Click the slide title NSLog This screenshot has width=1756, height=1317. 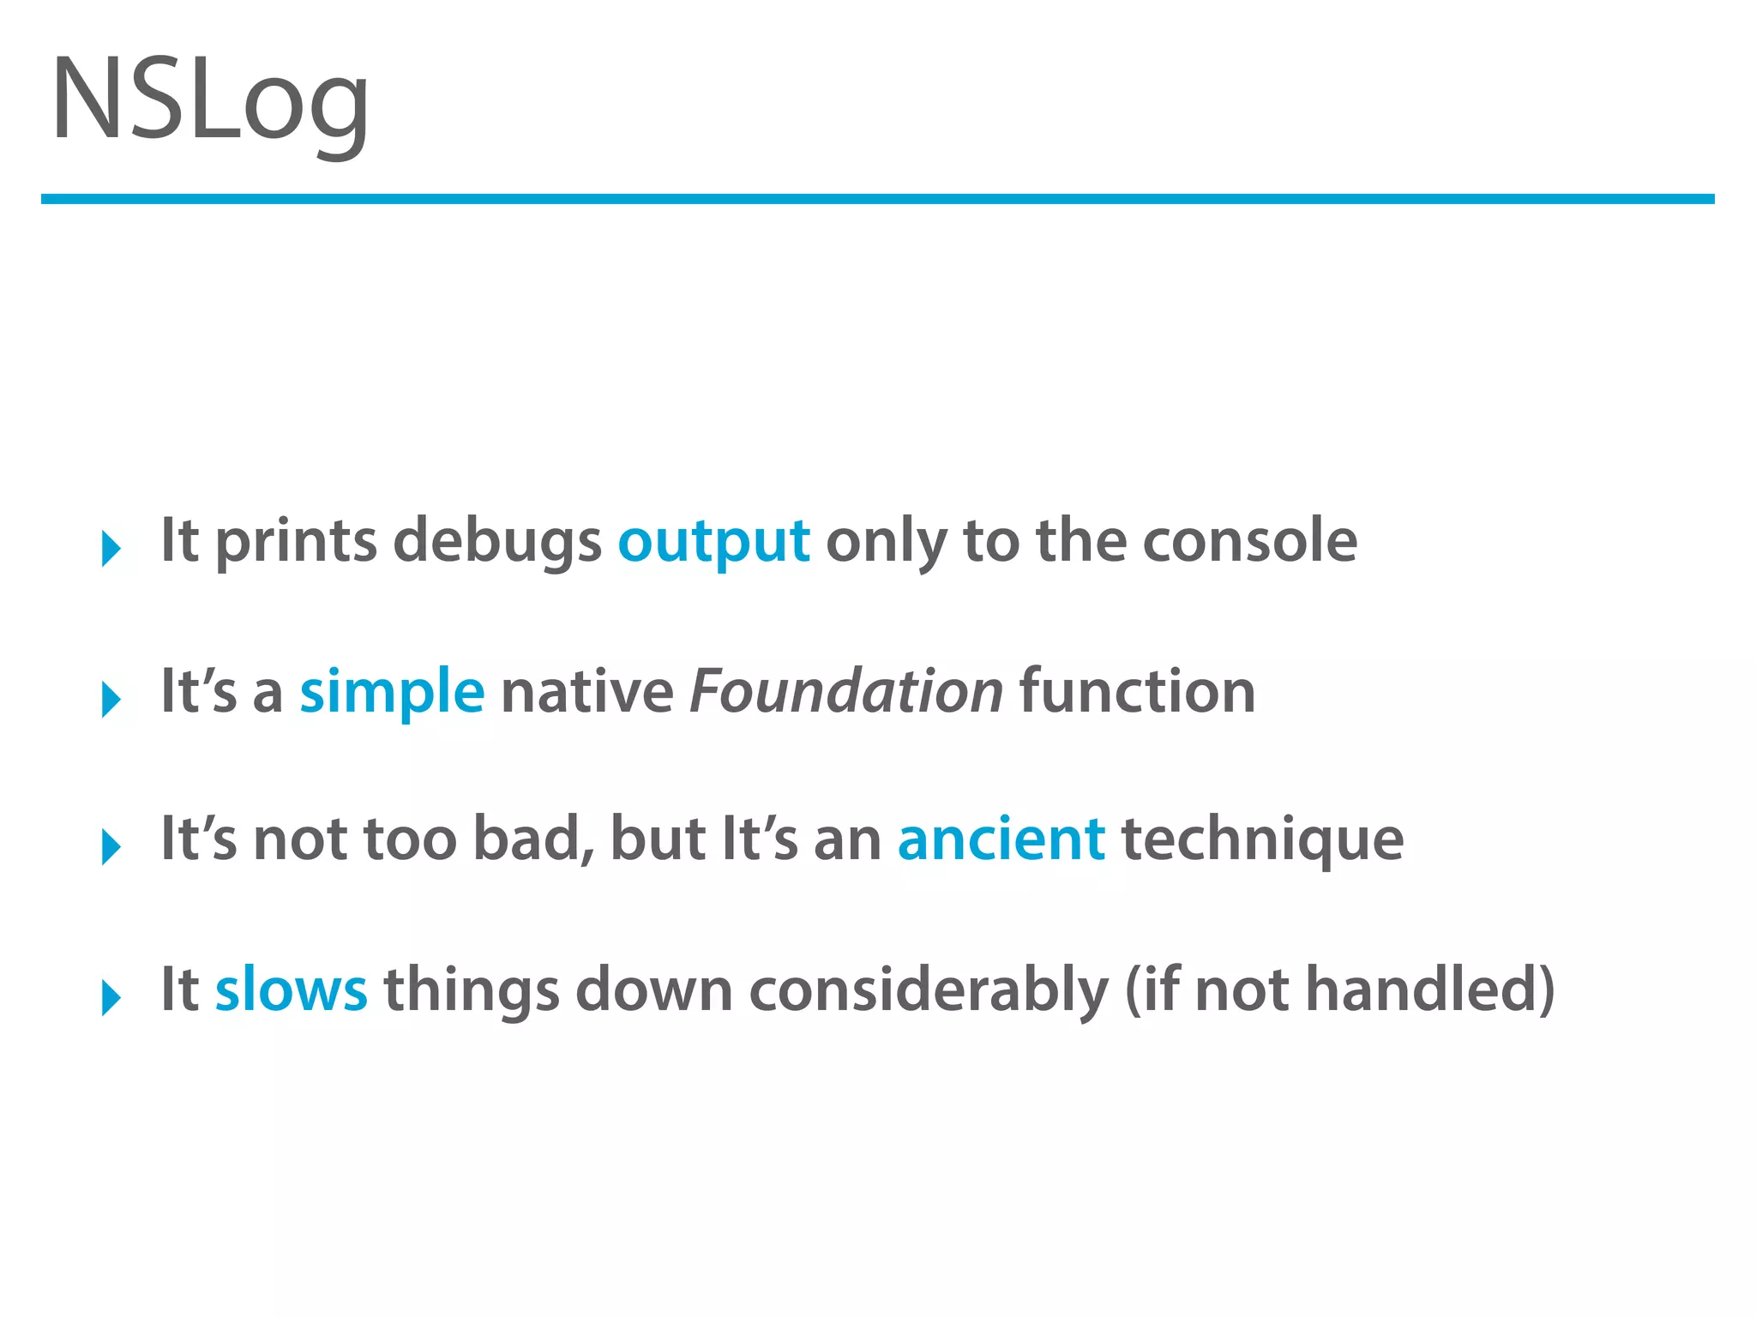point(210,101)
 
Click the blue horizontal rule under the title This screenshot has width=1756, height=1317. point(877,199)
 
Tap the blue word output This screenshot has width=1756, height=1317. point(713,542)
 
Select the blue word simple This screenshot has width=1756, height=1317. point(392,692)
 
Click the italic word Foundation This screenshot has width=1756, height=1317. point(846,692)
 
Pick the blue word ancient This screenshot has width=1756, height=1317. point(1001,839)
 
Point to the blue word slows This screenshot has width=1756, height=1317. point(291,989)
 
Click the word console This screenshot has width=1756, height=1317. point(1250,542)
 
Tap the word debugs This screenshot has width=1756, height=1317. point(497,542)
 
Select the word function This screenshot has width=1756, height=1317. point(1137,692)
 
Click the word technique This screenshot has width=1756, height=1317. point(1262,839)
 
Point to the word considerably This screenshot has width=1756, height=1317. point(929,991)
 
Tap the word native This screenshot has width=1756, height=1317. point(587,692)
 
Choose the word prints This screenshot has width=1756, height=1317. point(296,542)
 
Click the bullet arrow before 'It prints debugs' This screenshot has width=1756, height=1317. point(111,549)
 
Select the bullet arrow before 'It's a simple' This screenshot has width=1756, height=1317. point(111,699)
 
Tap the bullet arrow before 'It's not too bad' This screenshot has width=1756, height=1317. point(111,847)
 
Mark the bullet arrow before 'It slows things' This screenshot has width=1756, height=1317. point(111,997)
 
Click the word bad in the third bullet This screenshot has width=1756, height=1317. point(532,839)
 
